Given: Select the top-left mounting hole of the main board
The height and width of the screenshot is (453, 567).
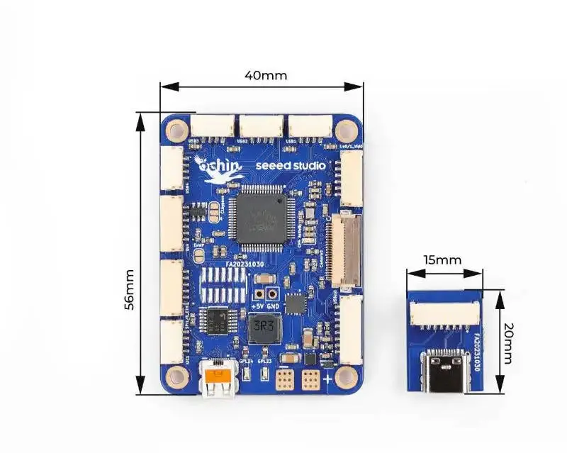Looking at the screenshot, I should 175,130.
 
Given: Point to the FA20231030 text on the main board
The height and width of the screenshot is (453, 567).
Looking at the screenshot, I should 246,263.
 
